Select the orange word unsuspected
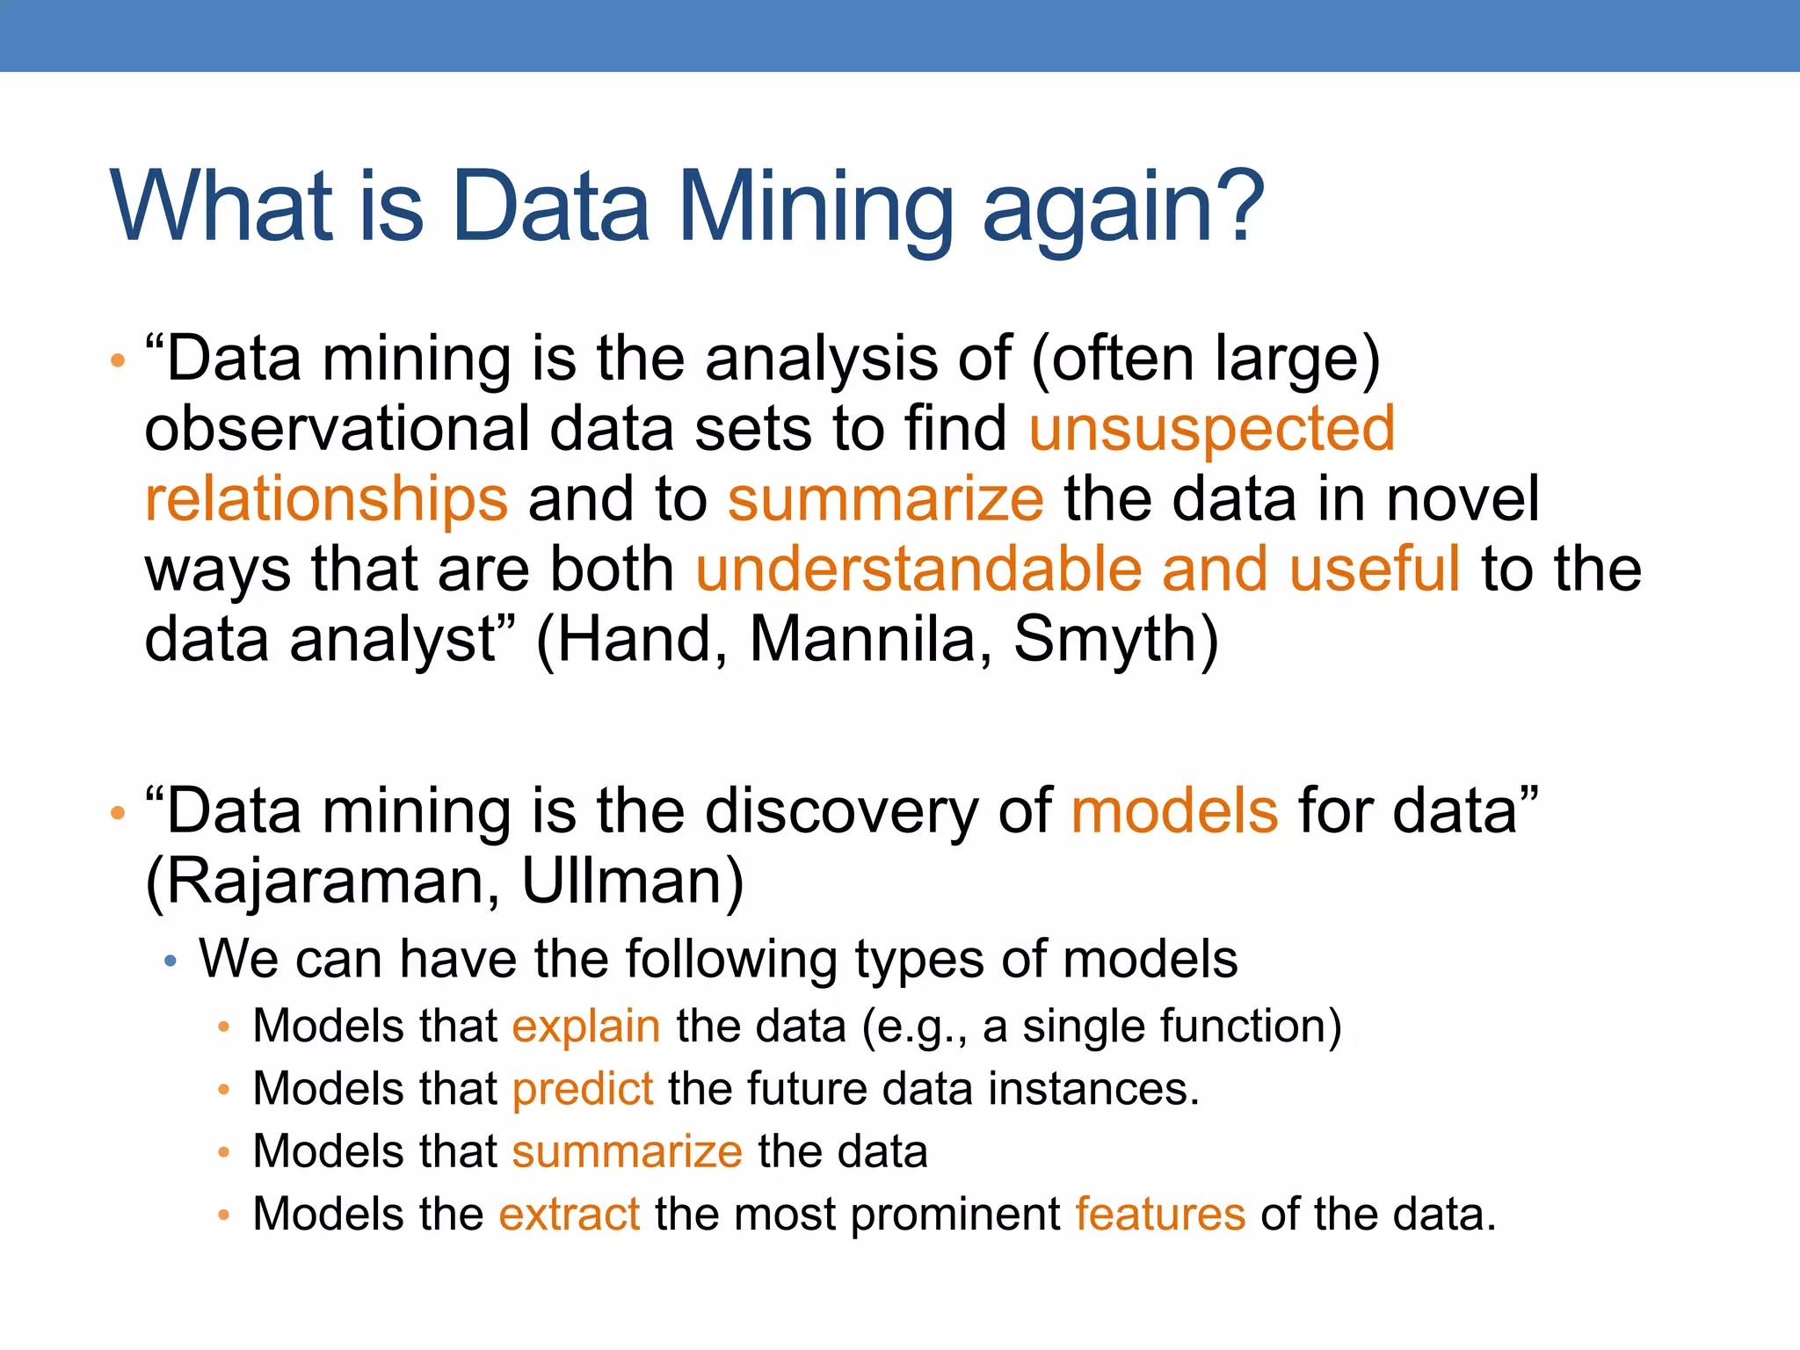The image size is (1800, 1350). pos(1211,429)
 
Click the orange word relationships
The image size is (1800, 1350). pos(326,498)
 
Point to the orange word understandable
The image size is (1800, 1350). pos(918,569)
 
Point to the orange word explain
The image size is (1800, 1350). pos(586,1027)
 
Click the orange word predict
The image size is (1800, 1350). pos(583,1090)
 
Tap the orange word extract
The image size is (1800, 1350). pos(569,1215)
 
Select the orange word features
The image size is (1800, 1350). pos(1160,1215)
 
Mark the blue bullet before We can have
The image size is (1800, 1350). pos(171,962)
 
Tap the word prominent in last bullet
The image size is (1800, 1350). pos(955,1215)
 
